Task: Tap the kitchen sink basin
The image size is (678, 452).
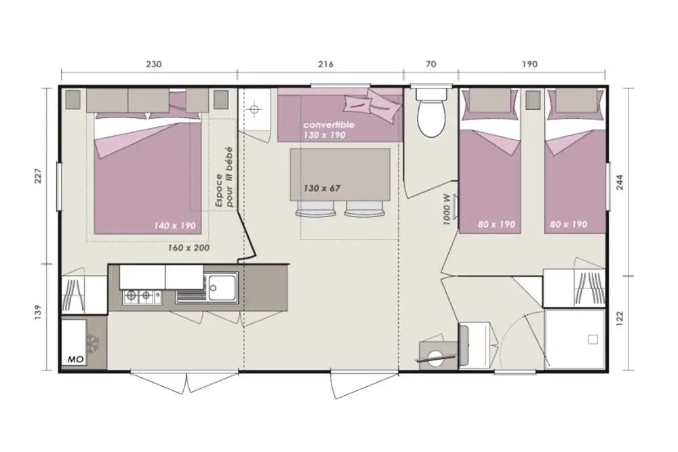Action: pyautogui.click(x=222, y=286)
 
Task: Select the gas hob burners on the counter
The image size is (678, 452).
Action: pyautogui.click(x=142, y=297)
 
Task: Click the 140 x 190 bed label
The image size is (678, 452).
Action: pyautogui.click(x=175, y=225)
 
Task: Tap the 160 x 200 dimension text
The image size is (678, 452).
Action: pyautogui.click(x=189, y=248)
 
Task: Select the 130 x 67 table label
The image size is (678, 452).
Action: pyautogui.click(x=321, y=189)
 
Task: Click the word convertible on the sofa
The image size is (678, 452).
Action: pyautogui.click(x=329, y=125)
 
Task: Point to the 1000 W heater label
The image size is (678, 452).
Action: pyautogui.click(x=447, y=210)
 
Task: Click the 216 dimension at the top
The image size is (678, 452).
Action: pyautogui.click(x=325, y=64)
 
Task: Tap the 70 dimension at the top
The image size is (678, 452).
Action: pyautogui.click(x=431, y=64)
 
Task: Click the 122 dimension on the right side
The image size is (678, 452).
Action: pyautogui.click(x=620, y=319)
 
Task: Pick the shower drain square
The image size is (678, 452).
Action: pyautogui.click(x=593, y=339)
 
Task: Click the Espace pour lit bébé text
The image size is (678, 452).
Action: pyautogui.click(x=224, y=177)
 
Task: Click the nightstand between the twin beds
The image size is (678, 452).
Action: pyautogui.click(x=533, y=100)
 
